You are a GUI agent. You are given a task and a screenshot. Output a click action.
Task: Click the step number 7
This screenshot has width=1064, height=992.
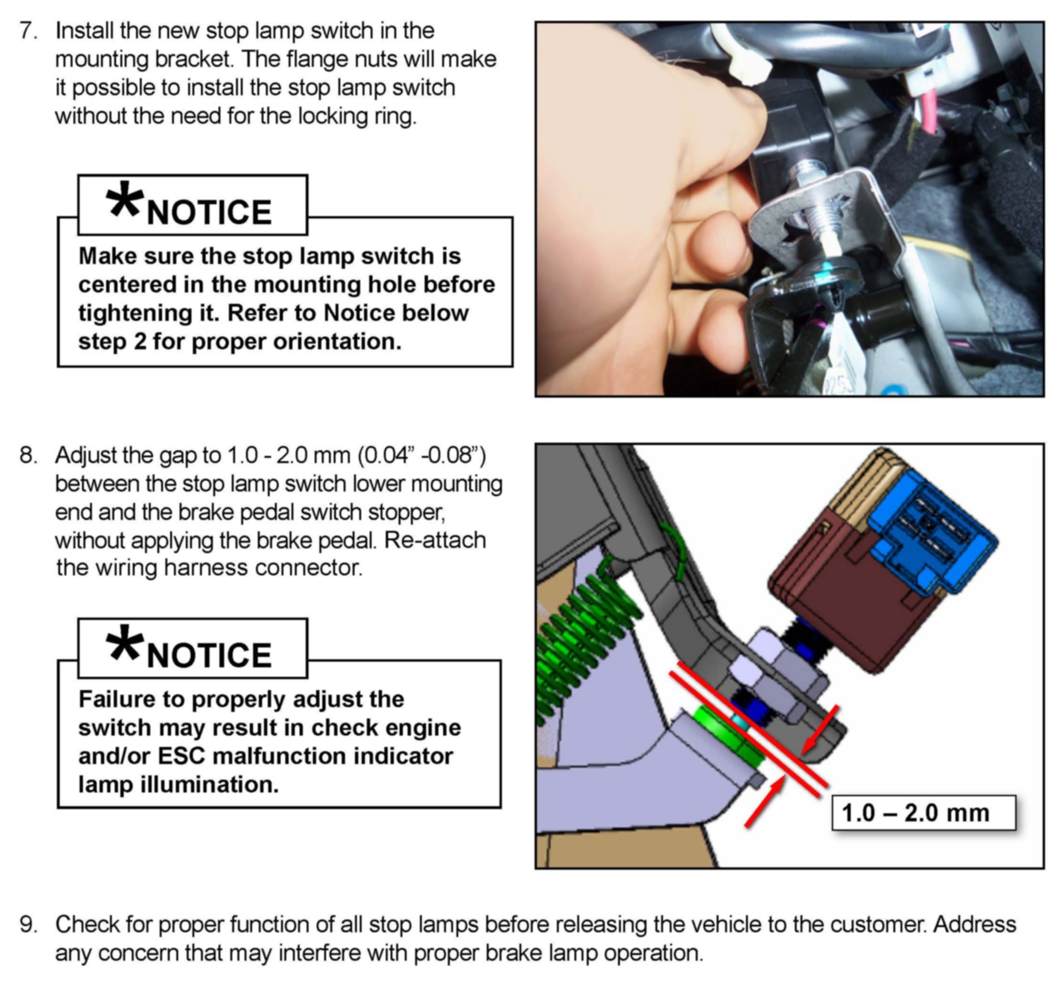(28, 31)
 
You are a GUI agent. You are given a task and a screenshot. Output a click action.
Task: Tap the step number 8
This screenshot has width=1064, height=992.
(28, 455)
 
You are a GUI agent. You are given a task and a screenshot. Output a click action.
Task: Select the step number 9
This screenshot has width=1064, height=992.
(28, 925)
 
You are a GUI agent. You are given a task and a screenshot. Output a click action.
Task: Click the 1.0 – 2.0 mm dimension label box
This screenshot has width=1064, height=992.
(923, 813)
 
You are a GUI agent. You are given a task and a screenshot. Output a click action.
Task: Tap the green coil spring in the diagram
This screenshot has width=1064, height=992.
(583, 637)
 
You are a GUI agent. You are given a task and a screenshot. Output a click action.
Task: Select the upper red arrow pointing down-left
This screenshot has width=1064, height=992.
(819, 731)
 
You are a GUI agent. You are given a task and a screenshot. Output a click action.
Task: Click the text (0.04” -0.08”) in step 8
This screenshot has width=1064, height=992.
(422, 455)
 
